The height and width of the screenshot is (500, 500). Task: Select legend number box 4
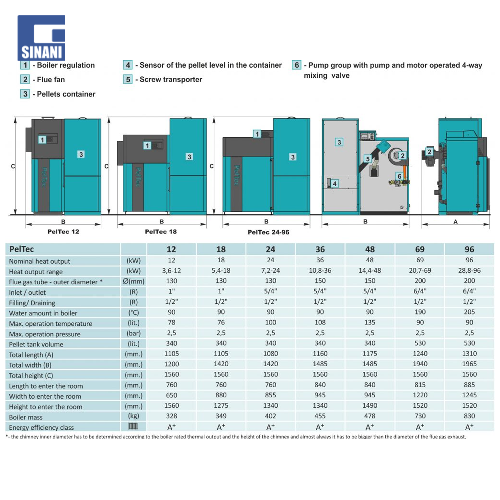128,65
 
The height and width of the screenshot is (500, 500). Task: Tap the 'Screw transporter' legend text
171,80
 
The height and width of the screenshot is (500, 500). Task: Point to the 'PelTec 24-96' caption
268,232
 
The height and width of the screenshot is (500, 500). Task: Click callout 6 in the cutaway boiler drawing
399,176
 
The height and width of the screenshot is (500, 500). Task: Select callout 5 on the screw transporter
367,159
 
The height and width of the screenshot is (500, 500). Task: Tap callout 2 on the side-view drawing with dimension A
429,152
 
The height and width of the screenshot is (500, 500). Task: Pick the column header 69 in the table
420,249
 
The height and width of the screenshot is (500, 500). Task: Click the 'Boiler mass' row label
26,417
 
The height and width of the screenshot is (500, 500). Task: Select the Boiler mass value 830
470,416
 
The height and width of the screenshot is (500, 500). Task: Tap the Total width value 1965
470,364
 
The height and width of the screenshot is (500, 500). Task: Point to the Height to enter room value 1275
221,406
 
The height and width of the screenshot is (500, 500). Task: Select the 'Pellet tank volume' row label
36,344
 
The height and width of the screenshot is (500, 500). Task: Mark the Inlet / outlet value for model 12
172,292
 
